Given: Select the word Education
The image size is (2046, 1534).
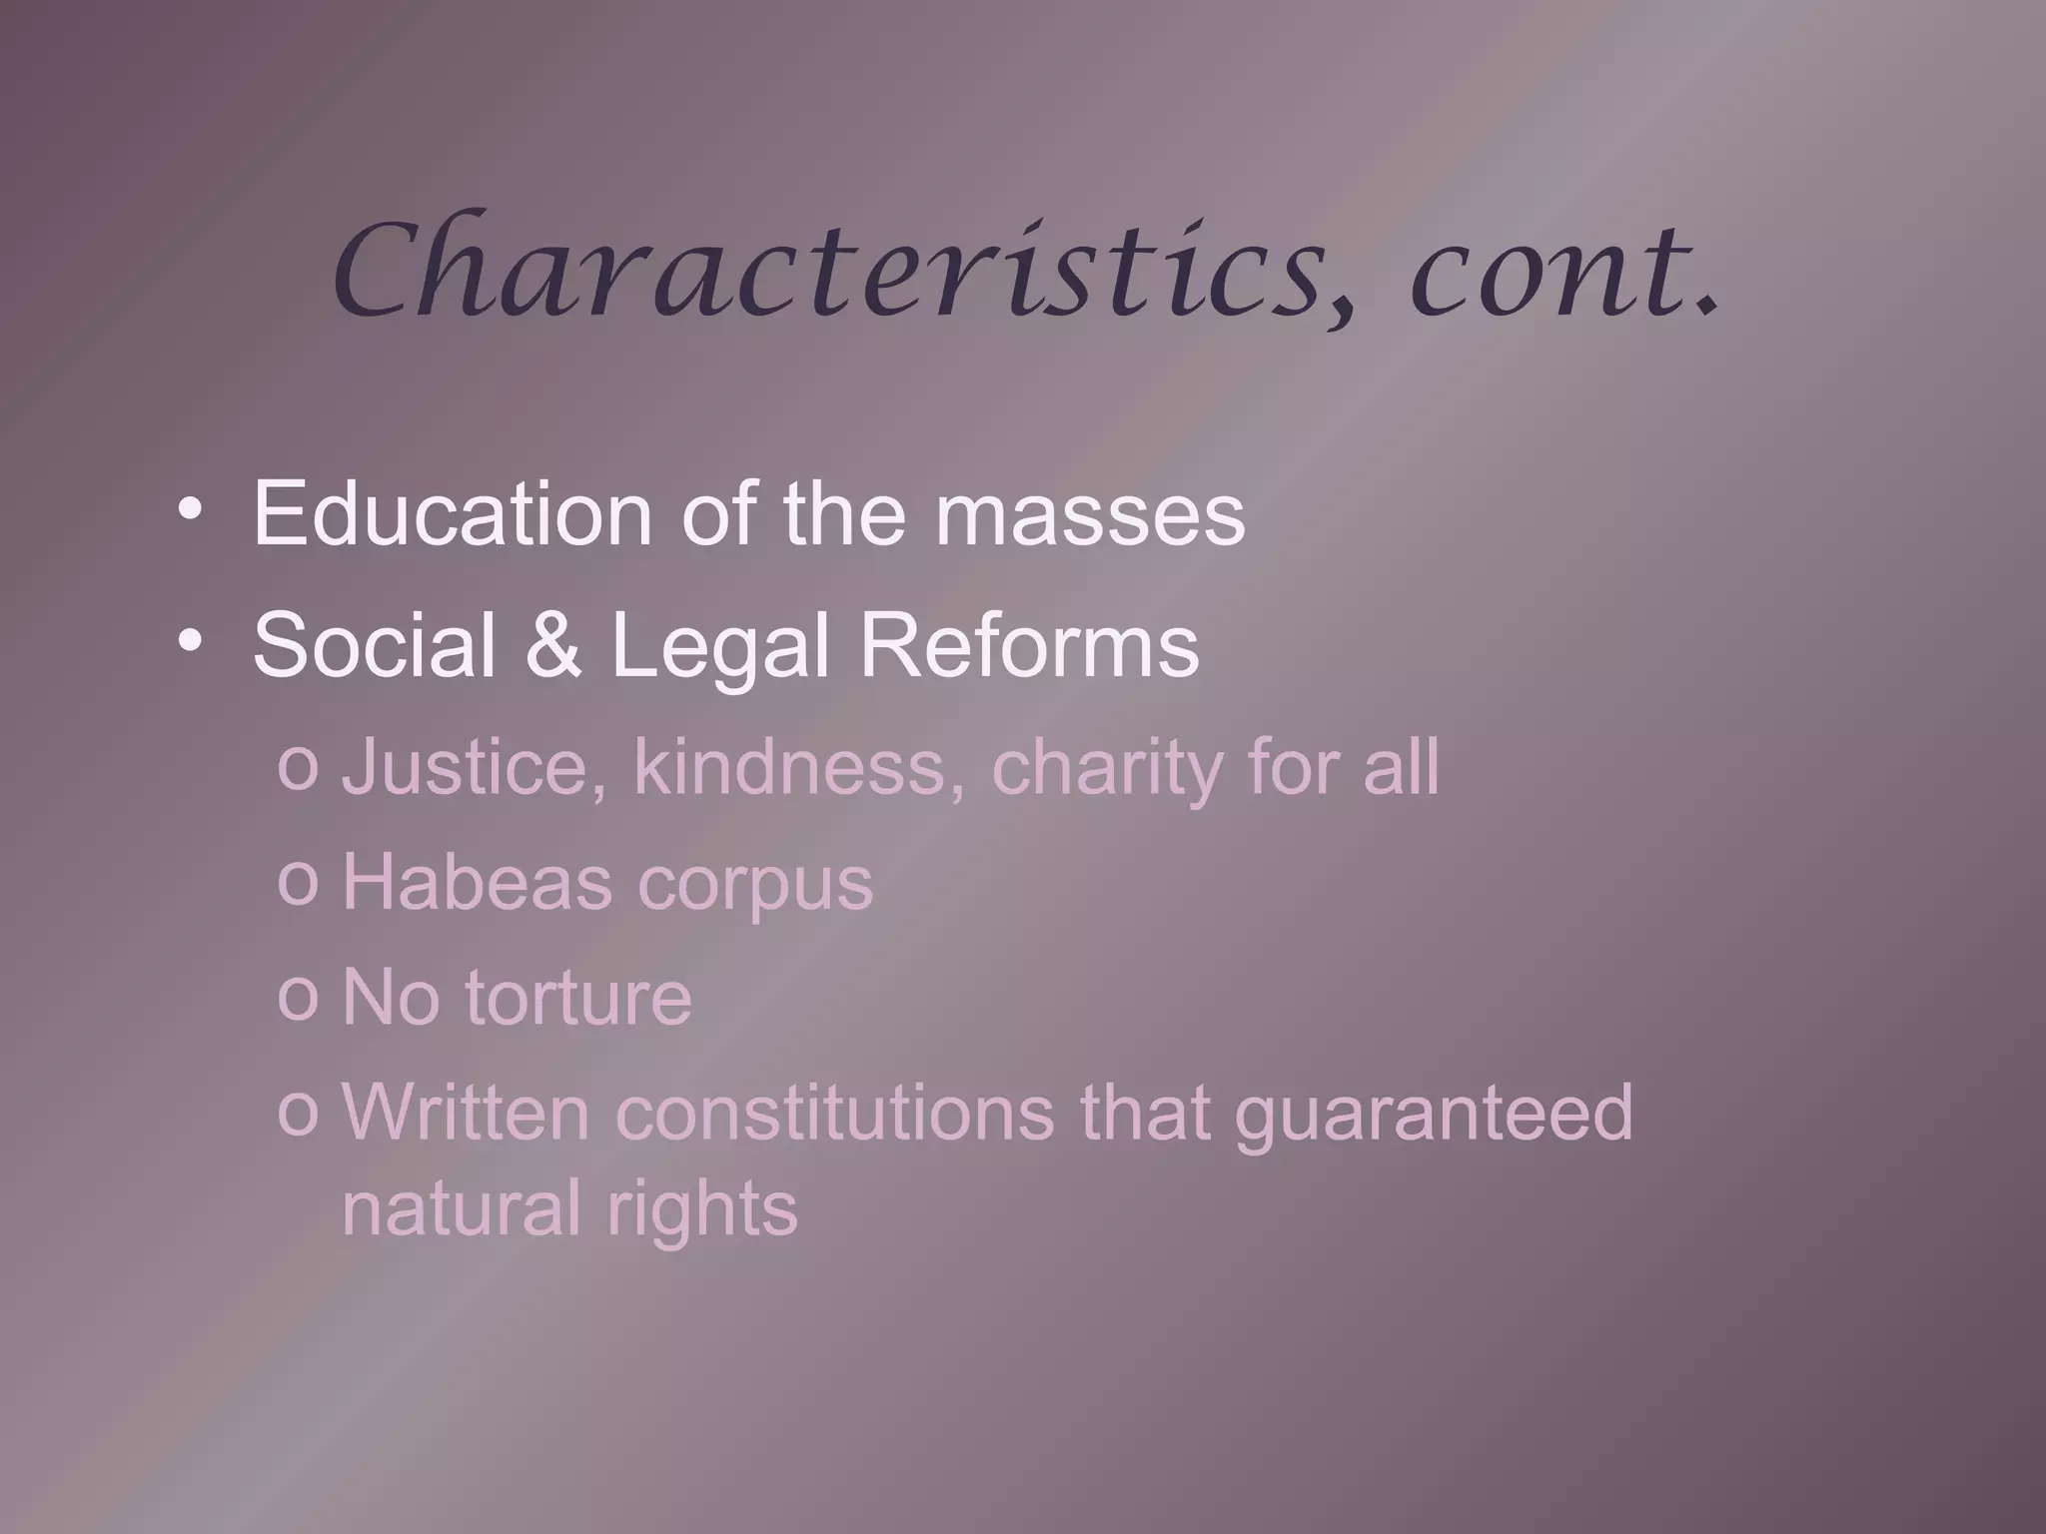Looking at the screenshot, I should pyautogui.click(x=453, y=513).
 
